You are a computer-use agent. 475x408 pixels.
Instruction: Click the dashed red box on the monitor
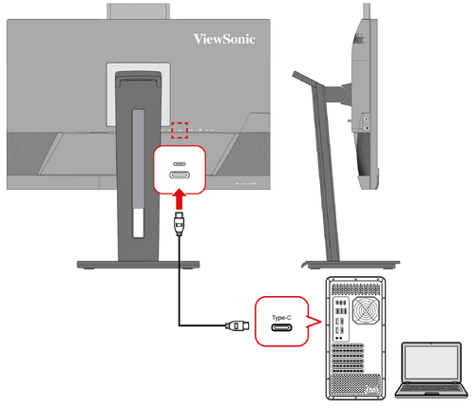coord(180,128)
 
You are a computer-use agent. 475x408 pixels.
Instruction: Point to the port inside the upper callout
coord(179,173)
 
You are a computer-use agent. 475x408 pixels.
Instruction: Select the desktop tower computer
coord(357,337)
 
